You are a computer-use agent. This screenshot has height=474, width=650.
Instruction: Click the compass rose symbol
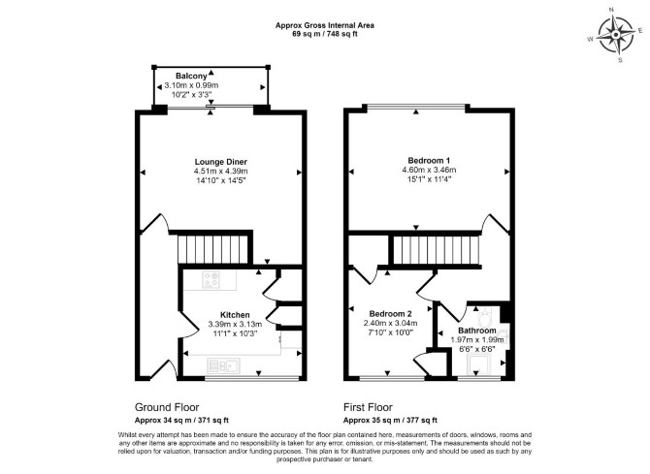click(x=616, y=35)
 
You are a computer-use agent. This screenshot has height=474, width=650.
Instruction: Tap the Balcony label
click(x=191, y=76)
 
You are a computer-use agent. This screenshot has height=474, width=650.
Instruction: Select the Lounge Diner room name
click(x=221, y=162)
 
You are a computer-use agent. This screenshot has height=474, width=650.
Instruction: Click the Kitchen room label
click(x=235, y=315)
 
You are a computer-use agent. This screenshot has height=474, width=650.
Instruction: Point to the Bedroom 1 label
click(x=429, y=160)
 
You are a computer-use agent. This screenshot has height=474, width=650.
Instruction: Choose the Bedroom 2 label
click(x=391, y=314)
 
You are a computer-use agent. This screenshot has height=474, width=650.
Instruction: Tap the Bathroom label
click(x=477, y=331)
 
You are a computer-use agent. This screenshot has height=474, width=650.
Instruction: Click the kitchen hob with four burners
click(x=211, y=279)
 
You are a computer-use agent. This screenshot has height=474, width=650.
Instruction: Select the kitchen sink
click(x=223, y=365)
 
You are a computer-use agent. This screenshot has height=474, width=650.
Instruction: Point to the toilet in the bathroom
click(x=484, y=317)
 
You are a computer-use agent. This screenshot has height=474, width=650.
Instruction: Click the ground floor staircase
click(x=213, y=249)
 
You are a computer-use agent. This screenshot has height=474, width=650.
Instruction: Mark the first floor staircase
click(x=437, y=250)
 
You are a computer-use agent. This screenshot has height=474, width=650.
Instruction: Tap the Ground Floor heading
click(x=167, y=407)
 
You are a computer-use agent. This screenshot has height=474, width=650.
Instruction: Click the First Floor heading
click(x=368, y=407)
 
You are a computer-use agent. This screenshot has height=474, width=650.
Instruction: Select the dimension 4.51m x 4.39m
click(x=221, y=172)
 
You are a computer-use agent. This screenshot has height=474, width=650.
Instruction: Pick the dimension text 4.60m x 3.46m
click(x=429, y=170)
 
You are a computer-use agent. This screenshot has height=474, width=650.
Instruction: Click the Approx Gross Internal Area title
click(x=325, y=25)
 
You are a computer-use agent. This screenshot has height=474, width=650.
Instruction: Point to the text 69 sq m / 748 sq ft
click(x=325, y=34)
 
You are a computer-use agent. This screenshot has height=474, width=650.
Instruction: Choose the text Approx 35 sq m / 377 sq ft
click(x=390, y=420)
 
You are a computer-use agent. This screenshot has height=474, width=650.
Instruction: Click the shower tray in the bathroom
click(x=479, y=364)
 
